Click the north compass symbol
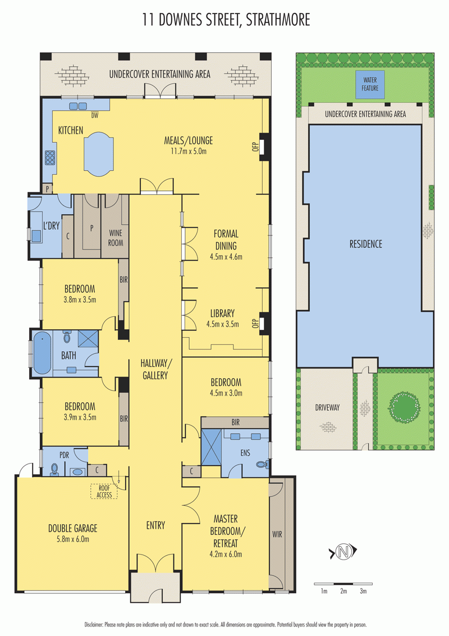[x=343, y=552]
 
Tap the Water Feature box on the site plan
[x=370, y=84]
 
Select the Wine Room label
[x=116, y=238]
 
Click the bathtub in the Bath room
[x=42, y=353]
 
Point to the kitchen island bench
[x=98, y=154]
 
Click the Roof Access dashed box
[x=104, y=491]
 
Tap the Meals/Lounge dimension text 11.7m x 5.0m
[x=189, y=151]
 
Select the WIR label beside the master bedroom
[x=277, y=535]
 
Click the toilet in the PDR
[x=54, y=469]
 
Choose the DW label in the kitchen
[x=94, y=116]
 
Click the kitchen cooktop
[x=50, y=157]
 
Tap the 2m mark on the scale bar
[x=343, y=591]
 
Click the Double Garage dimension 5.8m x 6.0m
[x=72, y=539]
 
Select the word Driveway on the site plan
[x=327, y=408]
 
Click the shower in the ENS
[x=212, y=447]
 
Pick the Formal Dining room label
[x=226, y=240]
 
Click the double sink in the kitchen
[x=78, y=106]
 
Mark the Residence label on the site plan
[x=366, y=244]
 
